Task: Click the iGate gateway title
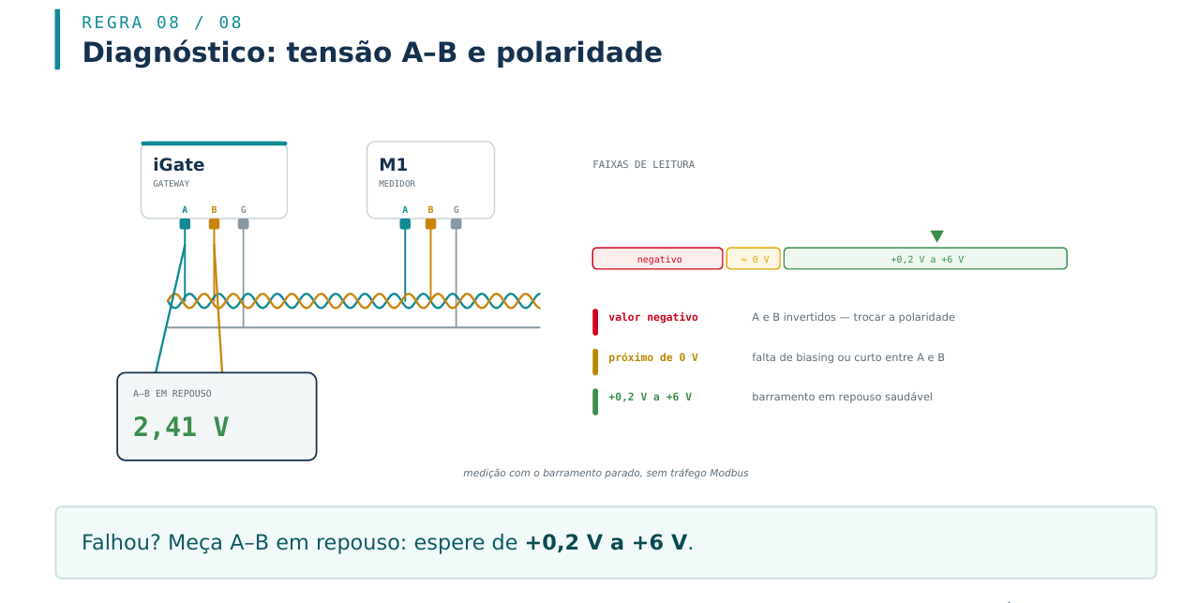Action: click(178, 165)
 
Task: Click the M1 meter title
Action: click(393, 165)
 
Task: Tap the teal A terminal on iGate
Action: click(185, 224)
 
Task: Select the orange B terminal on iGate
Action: click(214, 224)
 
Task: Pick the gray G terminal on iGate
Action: click(243, 224)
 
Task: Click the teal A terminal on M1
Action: click(405, 224)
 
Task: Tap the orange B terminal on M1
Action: click(430, 224)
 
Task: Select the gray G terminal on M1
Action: click(456, 224)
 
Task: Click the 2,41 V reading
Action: click(181, 427)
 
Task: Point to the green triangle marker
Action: click(936, 235)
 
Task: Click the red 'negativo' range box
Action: click(657, 259)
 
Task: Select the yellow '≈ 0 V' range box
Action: click(753, 259)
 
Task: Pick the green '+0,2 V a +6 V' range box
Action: click(925, 259)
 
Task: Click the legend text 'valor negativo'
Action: click(653, 317)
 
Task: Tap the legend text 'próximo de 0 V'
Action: click(653, 358)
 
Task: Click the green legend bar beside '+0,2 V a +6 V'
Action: click(595, 401)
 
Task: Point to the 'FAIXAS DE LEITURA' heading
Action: click(643, 164)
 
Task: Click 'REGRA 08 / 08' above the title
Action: click(161, 23)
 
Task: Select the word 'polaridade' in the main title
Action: click(578, 53)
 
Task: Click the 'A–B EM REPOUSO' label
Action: click(172, 394)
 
